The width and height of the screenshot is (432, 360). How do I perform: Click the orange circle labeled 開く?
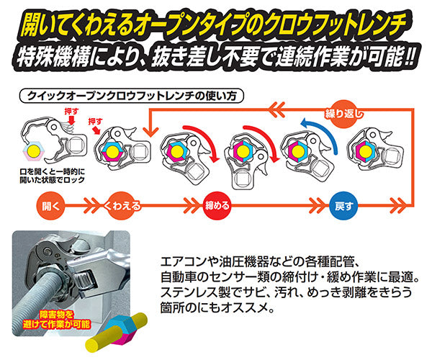tap(51, 204)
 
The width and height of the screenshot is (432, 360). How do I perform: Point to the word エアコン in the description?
tap(181, 260)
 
